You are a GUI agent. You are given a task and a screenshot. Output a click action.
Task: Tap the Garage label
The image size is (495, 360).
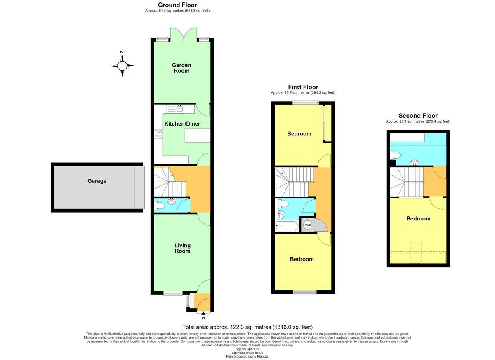click(x=97, y=181)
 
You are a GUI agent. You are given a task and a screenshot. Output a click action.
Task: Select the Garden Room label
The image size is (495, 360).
click(x=181, y=68)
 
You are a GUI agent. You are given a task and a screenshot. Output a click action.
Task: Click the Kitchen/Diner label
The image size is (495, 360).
click(x=182, y=124)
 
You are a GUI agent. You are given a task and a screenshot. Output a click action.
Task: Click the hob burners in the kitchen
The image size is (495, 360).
click(x=158, y=134)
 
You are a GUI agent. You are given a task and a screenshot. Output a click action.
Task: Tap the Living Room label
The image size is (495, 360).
click(x=182, y=248)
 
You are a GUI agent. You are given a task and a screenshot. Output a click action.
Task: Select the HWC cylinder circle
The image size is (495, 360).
click(x=308, y=225)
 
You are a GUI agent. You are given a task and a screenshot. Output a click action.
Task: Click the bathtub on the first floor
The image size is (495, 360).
click(x=287, y=226)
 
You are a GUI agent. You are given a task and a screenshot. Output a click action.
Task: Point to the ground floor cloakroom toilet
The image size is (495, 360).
click(x=159, y=206)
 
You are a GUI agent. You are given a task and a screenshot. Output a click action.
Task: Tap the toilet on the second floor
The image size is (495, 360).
click(x=395, y=155)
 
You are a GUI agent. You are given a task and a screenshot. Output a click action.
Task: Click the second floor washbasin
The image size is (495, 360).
click(x=414, y=163)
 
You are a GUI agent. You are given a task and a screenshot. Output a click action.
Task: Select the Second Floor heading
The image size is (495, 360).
click(x=418, y=116)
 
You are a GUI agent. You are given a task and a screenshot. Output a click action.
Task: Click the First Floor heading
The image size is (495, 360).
click(x=303, y=87)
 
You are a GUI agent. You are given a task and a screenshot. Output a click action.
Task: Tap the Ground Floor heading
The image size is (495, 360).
click(x=177, y=5)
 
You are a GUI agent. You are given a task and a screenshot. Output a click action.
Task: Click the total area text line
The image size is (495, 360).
click(x=247, y=327)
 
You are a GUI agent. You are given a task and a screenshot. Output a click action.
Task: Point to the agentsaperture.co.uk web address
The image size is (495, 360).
click(x=247, y=353)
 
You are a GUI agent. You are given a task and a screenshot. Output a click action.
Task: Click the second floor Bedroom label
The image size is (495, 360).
click(x=418, y=219)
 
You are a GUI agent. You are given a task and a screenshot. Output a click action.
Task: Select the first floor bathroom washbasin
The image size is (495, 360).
click(x=280, y=214)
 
